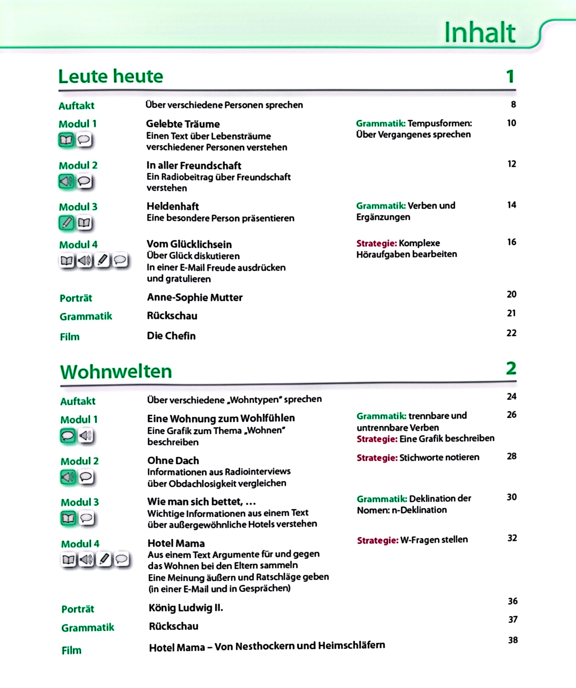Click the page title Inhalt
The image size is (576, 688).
(x=480, y=33)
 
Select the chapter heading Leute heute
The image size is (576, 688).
(x=111, y=76)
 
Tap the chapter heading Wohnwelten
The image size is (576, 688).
(x=116, y=372)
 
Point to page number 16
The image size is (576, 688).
(x=512, y=242)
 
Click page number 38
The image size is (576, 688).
(x=513, y=640)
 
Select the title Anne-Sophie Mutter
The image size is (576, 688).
(x=195, y=297)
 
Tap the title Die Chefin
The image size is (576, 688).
(x=171, y=336)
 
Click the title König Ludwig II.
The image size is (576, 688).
(x=186, y=608)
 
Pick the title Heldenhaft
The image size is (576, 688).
(x=173, y=206)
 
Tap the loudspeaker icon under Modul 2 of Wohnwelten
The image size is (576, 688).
(x=68, y=477)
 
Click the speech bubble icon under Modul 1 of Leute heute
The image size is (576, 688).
(x=84, y=140)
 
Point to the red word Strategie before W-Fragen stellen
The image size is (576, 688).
(x=377, y=540)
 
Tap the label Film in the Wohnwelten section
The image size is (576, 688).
(x=71, y=650)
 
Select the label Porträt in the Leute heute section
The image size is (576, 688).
(x=76, y=298)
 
